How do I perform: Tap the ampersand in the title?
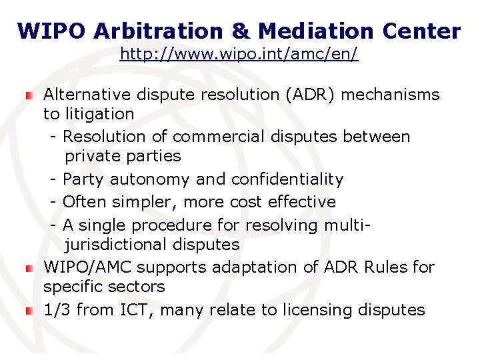240,31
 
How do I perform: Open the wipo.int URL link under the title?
239,54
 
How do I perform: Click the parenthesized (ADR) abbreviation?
309,95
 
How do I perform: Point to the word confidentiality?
287,179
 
